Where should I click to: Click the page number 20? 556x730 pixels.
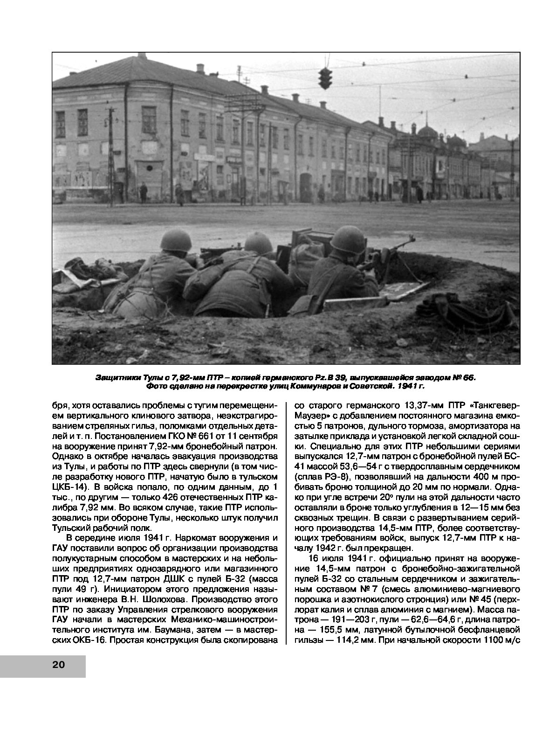[59, 665]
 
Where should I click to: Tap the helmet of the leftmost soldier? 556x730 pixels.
[176, 242]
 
